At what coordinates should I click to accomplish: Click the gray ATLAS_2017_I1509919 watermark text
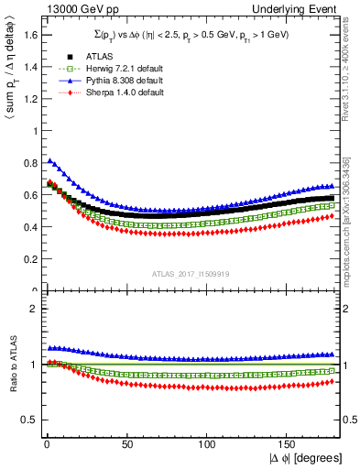191,273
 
